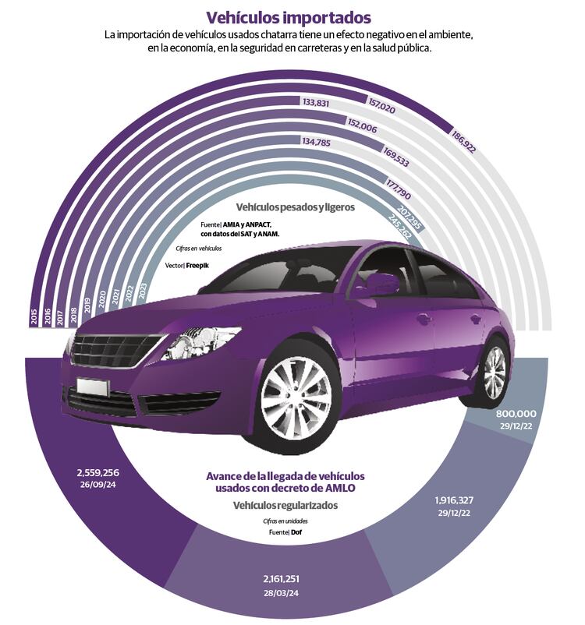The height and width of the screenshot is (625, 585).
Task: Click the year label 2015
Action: coord(34,316)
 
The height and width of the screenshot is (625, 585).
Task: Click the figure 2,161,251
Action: coord(282,579)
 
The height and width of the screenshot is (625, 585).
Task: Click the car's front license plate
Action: coord(92,386)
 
